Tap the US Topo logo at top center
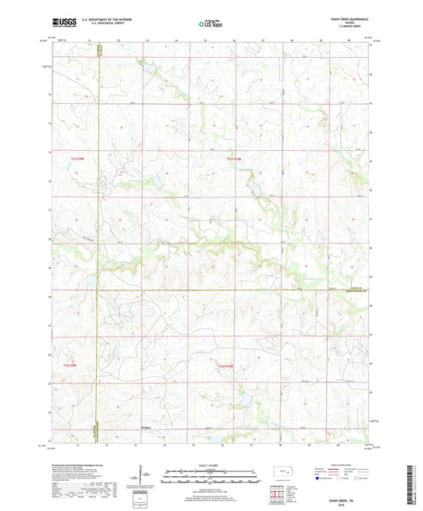click(x=210, y=24)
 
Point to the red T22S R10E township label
click(x=228, y=366)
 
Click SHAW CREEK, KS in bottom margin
click(x=347, y=455)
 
